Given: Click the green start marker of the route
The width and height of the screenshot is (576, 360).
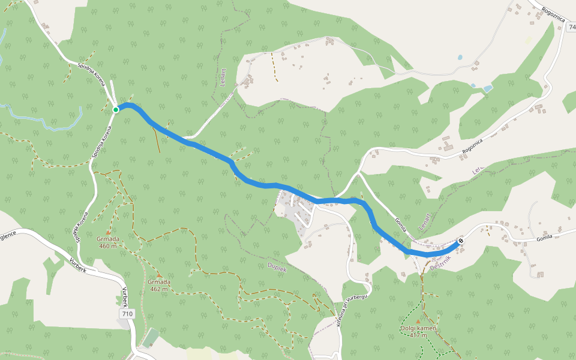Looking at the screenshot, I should pos(115,110).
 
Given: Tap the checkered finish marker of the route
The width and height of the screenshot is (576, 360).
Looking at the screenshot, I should pos(460,242).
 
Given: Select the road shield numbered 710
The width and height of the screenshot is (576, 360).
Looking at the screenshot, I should pos(127,314).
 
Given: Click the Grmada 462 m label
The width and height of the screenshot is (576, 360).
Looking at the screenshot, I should pos(159,286).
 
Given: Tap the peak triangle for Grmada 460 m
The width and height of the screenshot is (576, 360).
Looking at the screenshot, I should pos(108,232).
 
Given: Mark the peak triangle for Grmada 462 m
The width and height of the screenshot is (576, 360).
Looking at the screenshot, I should pos(159,275).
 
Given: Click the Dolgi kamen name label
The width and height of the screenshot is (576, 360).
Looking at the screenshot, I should pos(418,329).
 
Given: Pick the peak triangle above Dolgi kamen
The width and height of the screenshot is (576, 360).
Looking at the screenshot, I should pos(418,321).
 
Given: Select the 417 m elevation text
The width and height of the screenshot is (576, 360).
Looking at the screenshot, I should pos(418,335).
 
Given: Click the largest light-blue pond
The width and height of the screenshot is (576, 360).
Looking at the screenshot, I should pos(487,88).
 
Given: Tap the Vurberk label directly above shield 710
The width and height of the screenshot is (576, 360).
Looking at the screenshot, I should pos(125,298).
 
